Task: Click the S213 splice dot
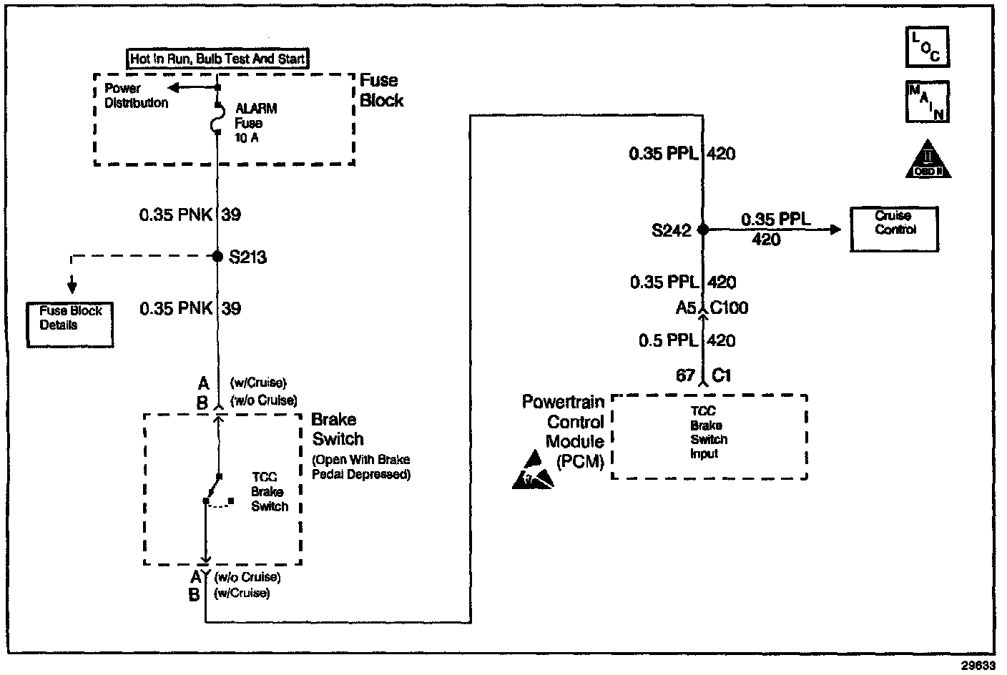(218, 256)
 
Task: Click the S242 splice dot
(703, 230)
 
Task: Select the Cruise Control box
(894, 229)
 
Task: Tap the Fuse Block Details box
(70, 325)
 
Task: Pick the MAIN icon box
(928, 102)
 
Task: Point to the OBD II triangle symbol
(928, 160)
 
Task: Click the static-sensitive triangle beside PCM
(533, 471)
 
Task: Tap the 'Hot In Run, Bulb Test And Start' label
(218, 59)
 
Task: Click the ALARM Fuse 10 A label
(255, 123)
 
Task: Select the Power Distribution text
(136, 95)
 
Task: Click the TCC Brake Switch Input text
(708, 433)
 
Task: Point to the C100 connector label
(730, 308)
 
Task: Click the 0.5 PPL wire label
(668, 341)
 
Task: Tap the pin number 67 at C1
(685, 375)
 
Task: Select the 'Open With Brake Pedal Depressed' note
(361, 467)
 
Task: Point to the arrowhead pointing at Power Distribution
(174, 87)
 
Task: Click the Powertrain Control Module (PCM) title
(564, 431)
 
